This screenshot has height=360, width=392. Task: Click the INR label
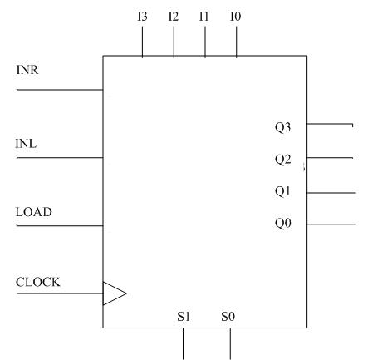(x=27, y=70)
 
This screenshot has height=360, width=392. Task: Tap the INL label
(x=26, y=144)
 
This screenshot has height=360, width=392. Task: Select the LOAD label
(x=34, y=212)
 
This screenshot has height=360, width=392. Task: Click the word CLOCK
(x=37, y=282)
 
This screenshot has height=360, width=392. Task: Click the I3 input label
(x=142, y=17)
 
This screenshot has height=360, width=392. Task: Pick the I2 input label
(x=174, y=17)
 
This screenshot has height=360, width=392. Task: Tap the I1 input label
(x=203, y=17)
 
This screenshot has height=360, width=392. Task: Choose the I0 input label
(x=236, y=17)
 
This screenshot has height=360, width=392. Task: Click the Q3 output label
(x=282, y=127)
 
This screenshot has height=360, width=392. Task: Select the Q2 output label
(x=282, y=160)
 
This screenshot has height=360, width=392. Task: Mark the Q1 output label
(x=282, y=191)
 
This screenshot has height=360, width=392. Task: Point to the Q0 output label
(x=283, y=223)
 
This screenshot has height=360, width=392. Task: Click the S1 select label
(x=184, y=317)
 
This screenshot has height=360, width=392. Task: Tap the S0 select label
(x=228, y=317)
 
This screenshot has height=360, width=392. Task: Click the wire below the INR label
(x=60, y=90)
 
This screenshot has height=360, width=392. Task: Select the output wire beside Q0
(x=331, y=224)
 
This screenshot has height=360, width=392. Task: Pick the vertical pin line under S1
(x=183, y=344)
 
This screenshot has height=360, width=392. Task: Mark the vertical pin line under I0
(x=236, y=42)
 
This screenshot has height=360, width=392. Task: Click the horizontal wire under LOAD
(x=60, y=225)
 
